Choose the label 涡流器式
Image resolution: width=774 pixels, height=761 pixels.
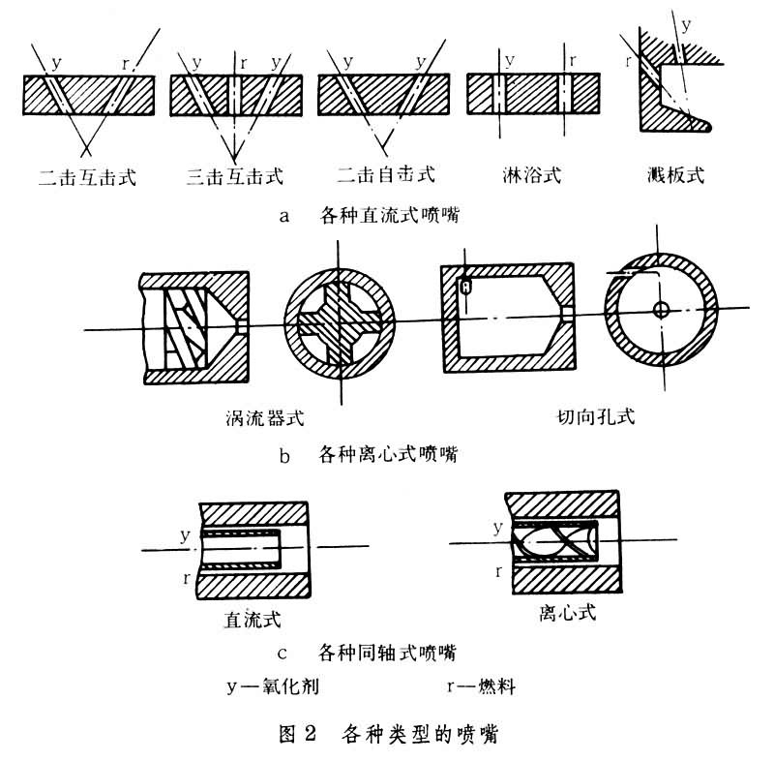(x=263, y=419)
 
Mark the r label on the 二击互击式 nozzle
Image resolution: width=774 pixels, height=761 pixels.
(x=127, y=63)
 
